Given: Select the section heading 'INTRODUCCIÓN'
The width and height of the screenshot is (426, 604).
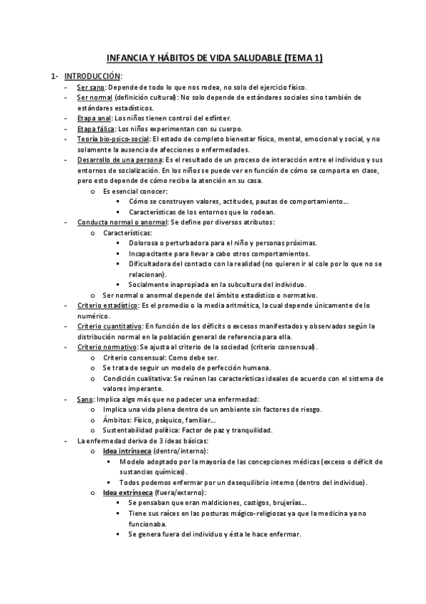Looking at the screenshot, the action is pyautogui.click(x=92, y=75).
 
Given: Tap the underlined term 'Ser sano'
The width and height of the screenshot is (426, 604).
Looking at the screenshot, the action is pyautogui.click(x=91, y=86).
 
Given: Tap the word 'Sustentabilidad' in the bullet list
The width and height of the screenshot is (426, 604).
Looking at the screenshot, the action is pyautogui.click(x=131, y=430).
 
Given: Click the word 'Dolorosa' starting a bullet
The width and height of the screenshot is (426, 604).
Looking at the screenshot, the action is pyautogui.click(x=144, y=243).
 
